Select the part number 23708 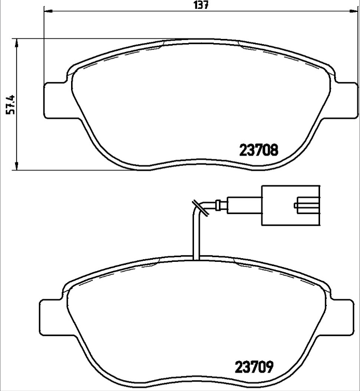pos(259,150)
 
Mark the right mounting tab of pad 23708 pos(345,100)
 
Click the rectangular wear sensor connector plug pos(291,205)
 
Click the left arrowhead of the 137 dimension pos(47,11)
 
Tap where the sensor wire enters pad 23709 pos(196,258)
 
